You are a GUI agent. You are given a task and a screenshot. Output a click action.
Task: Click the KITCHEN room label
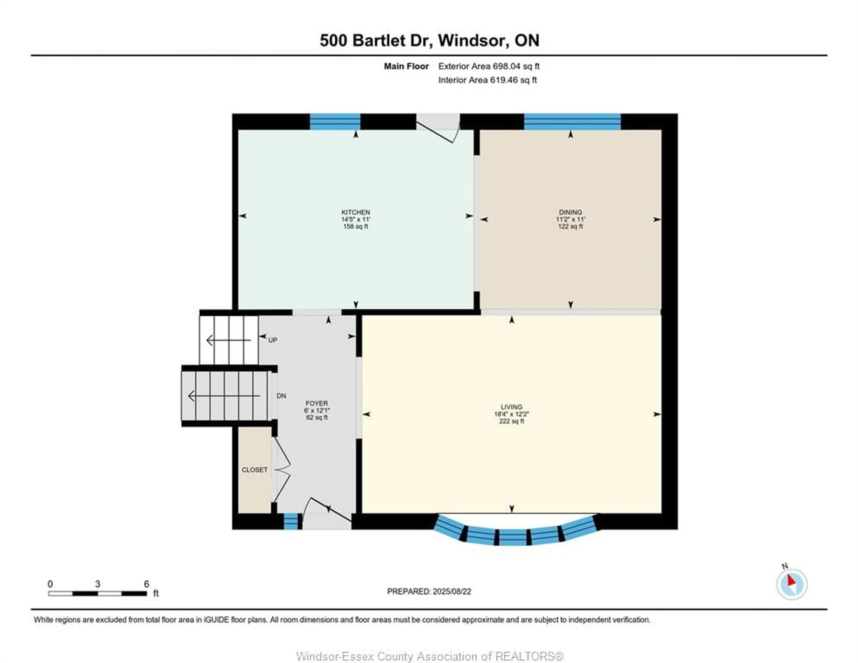355,212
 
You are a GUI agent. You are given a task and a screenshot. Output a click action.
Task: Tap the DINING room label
570,212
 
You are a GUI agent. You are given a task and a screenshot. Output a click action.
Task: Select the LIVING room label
511,407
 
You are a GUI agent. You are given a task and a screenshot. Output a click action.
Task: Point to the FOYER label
317,403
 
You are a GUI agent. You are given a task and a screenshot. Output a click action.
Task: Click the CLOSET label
254,470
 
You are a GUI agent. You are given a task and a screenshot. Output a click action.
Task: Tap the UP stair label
273,340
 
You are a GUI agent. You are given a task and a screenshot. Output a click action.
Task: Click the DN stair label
281,396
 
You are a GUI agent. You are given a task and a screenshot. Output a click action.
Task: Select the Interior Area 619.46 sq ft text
488,80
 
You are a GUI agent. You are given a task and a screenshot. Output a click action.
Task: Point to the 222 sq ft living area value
511,421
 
